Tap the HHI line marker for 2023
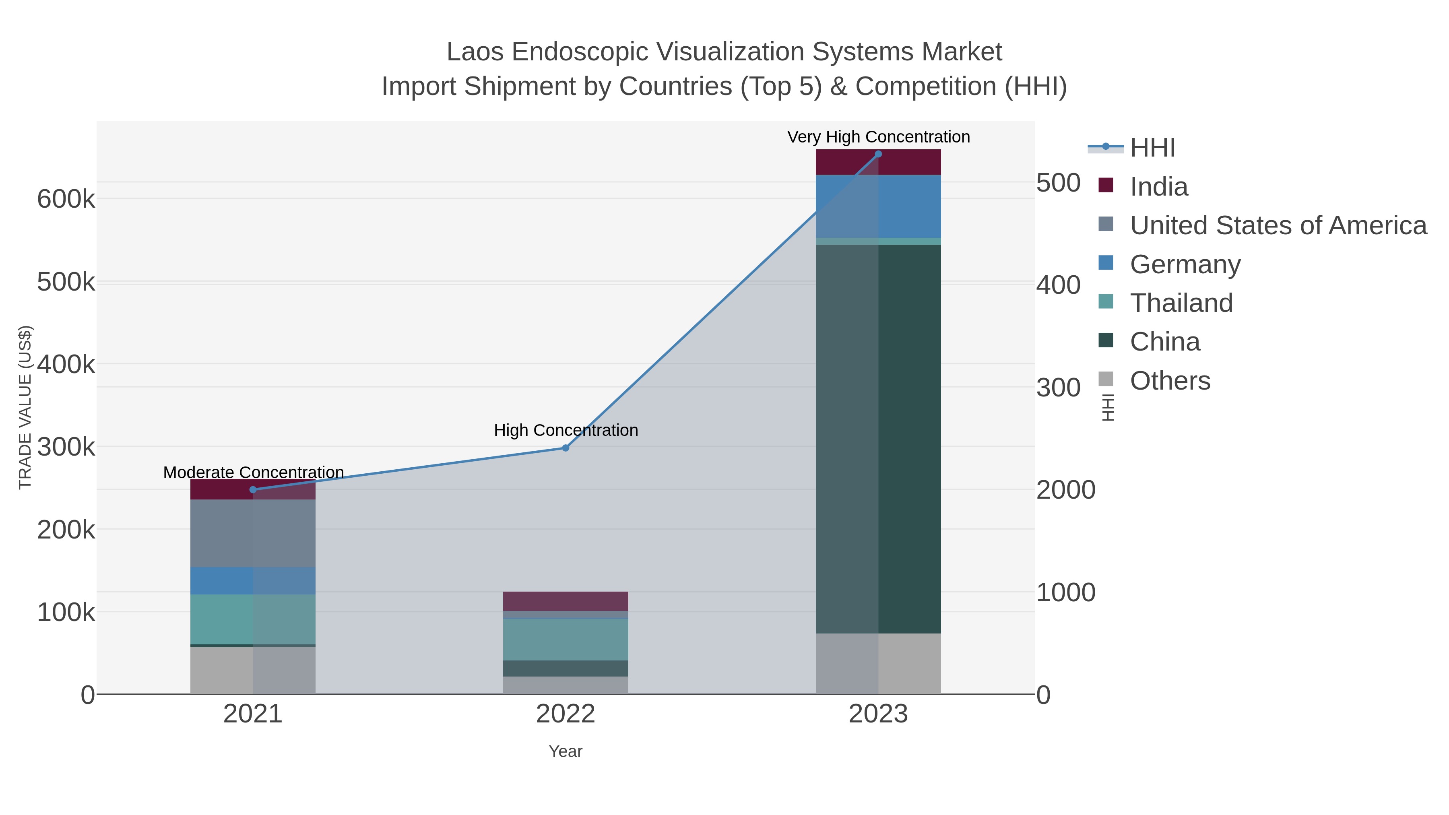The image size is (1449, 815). click(878, 154)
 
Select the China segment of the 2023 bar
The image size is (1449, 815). click(900, 439)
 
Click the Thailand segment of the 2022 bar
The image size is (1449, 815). click(566, 639)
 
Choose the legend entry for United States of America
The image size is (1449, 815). click(1277, 225)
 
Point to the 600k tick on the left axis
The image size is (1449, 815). click(66, 199)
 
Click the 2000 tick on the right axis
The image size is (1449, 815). click(1065, 490)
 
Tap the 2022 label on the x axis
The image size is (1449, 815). click(566, 714)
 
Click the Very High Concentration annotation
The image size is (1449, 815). click(878, 137)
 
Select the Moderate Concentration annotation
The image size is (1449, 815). click(253, 472)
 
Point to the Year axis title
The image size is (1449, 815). click(566, 751)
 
